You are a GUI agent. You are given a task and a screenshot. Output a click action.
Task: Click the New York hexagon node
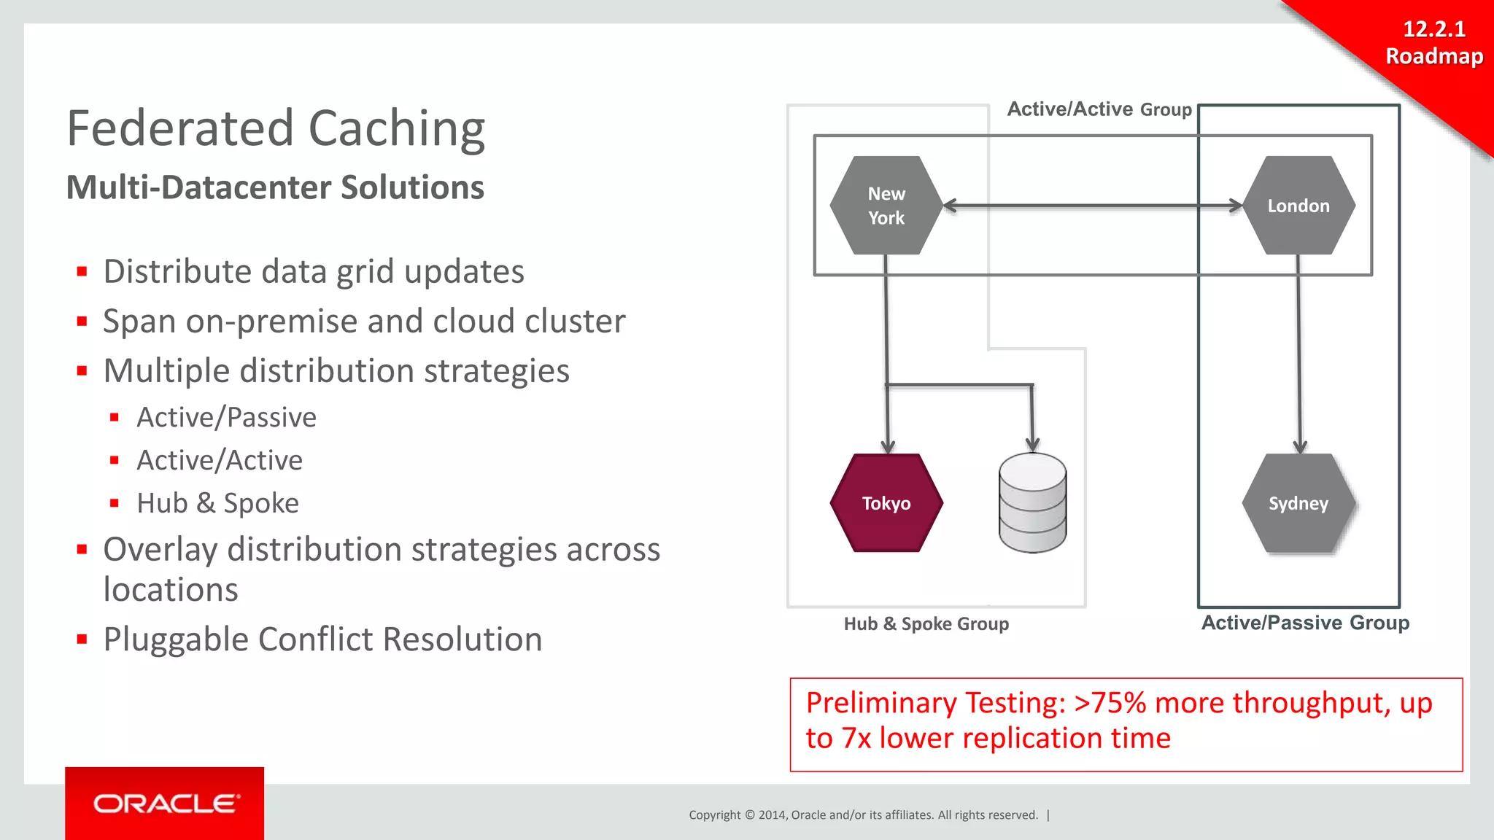point(886,206)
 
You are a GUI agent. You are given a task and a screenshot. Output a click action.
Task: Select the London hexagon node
point(1298,206)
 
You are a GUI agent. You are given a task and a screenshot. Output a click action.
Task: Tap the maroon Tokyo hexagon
point(886,503)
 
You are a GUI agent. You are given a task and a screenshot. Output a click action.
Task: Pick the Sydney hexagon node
point(1298,503)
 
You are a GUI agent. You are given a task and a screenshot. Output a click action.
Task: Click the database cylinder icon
point(1032,503)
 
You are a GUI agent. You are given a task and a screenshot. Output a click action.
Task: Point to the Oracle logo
point(165,804)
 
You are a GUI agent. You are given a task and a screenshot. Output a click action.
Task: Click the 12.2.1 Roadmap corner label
point(1434,42)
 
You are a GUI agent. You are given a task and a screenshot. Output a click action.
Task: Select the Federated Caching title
point(276,128)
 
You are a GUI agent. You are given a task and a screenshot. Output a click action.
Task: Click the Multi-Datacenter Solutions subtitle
point(275,187)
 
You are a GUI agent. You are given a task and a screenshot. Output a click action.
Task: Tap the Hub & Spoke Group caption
point(926,624)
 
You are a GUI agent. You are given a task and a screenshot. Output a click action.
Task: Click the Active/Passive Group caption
point(1305,623)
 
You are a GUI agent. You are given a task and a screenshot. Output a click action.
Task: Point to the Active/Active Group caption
point(1099,109)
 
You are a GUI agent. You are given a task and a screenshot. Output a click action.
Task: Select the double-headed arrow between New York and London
point(1092,206)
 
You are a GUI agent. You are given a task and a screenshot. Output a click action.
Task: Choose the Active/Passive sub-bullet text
point(226,417)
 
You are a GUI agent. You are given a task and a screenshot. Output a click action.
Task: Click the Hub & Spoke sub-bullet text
point(217,503)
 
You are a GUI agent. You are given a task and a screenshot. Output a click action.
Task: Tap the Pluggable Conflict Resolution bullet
point(322,639)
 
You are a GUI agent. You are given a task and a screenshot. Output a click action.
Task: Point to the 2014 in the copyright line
point(773,815)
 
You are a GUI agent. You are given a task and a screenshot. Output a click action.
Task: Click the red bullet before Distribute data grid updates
point(82,272)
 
